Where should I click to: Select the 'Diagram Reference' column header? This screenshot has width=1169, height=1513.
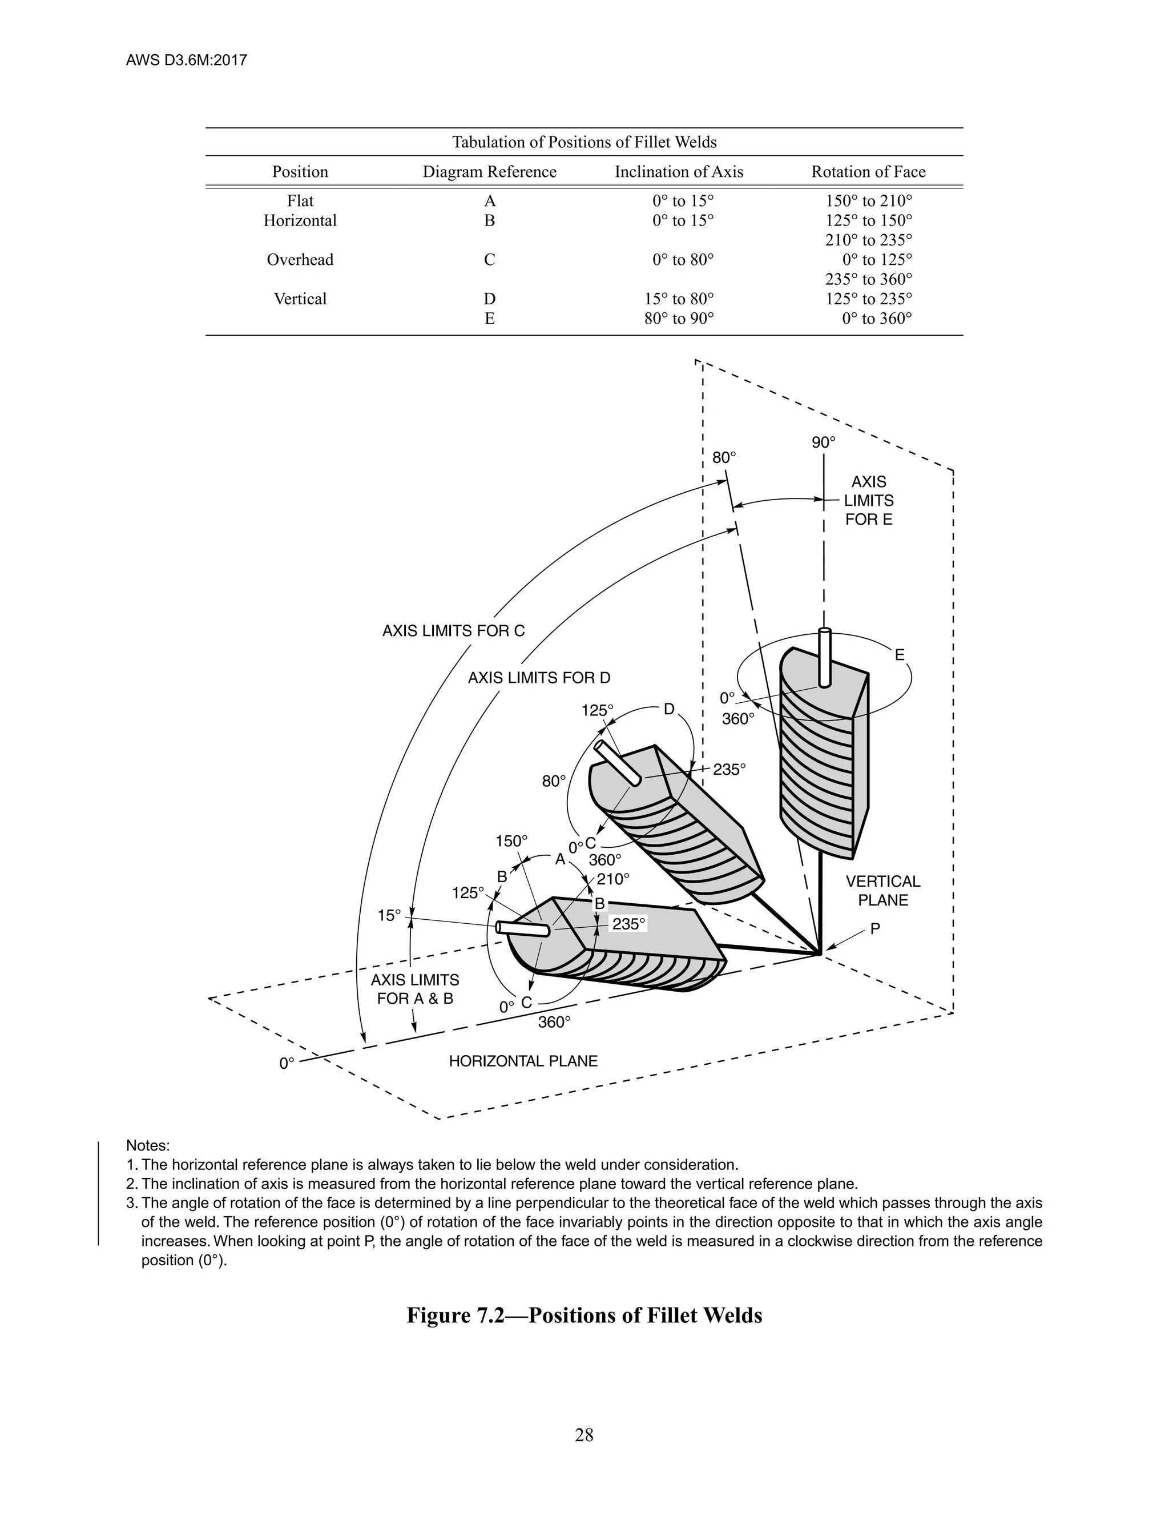point(489,172)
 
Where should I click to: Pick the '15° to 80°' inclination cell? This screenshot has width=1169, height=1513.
point(679,299)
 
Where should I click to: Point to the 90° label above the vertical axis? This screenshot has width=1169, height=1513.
point(824,442)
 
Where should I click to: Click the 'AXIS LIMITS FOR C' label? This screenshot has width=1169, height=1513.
point(454,630)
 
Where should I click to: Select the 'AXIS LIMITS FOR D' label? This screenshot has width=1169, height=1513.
point(539,678)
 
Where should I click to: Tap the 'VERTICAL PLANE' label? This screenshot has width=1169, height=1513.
point(883,891)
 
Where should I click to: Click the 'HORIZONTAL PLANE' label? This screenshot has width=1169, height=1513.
point(523,1061)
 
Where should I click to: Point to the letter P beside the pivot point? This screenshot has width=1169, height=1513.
point(876,929)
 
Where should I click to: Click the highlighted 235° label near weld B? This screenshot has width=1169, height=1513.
point(628,923)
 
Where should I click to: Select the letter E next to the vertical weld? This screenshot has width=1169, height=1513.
point(900,655)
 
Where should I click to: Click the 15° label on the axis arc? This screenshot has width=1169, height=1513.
point(389,915)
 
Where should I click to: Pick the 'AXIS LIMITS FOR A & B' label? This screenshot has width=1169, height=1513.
point(415,989)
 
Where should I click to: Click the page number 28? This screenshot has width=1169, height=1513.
point(584,1435)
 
